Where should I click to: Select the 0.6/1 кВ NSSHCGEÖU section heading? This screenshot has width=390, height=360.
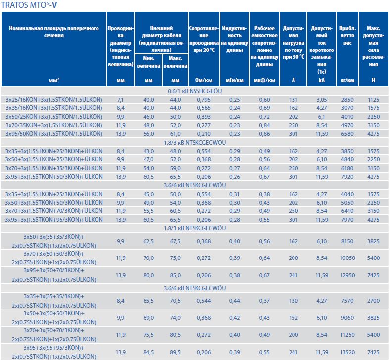(x=195, y=91)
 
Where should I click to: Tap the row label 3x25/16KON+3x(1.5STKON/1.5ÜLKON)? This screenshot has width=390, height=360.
(x=53, y=100)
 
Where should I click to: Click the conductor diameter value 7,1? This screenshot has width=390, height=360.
(x=120, y=100)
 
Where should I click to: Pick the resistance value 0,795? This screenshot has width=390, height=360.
(x=203, y=100)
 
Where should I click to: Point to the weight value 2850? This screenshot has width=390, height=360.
(x=347, y=100)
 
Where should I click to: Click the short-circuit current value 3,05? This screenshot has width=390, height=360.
(x=321, y=100)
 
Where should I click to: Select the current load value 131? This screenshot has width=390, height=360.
(x=293, y=100)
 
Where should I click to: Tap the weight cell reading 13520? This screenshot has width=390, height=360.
(x=347, y=352)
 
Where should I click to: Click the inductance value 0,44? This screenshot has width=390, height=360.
(x=234, y=301)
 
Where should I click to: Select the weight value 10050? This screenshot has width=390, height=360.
(x=347, y=258)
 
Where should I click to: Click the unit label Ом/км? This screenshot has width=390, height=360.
(x=203, y=80)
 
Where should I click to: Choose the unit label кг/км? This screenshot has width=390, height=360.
(x=347, y=80)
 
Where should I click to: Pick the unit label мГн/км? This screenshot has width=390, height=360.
(x=234, y=80)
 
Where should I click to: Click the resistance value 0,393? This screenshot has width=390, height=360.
(x=203, y=117)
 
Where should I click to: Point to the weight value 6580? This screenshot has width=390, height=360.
(x=347, y=134)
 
